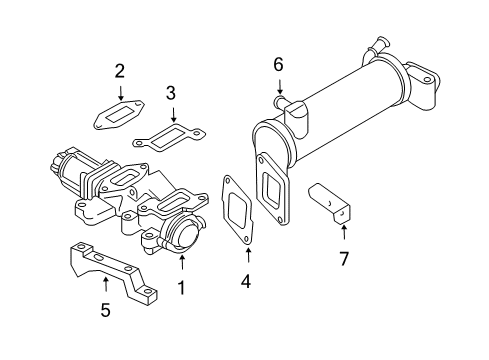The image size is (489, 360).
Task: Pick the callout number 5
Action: tap(106, 310)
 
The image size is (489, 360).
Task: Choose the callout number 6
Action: tap(279, 65)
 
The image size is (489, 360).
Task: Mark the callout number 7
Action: tap(344, 260)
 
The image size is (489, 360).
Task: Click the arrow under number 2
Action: tap(119, 92)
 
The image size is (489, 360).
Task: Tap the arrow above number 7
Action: tap(344, 235)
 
